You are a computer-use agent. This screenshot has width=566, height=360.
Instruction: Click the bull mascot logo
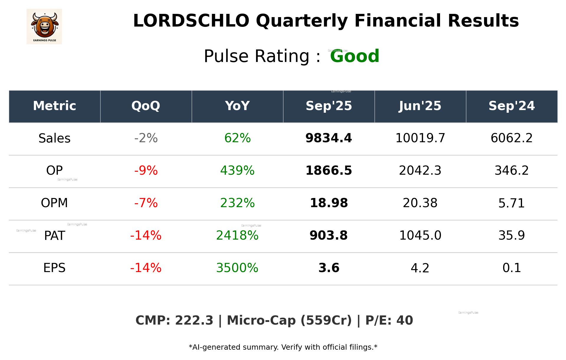(x=44, y=27)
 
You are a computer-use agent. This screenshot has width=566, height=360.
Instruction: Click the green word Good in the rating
(x=355, y=56)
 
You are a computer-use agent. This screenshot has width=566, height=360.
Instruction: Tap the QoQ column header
(x=146, y=106)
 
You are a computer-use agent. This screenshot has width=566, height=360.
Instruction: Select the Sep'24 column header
(x=511, y=106)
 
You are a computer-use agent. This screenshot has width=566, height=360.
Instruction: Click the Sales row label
(x=55, y=138)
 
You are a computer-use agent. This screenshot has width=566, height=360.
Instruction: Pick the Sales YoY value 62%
(x=237, y=138)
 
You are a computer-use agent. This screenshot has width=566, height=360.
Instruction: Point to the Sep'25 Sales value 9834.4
(x=329, y=138)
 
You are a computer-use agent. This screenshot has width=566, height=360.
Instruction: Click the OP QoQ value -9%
(x=146, y=171)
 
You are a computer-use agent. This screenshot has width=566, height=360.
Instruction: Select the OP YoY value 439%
(x=237, y=171)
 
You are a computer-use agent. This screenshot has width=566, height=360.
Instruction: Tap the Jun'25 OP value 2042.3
(x=420, y=171)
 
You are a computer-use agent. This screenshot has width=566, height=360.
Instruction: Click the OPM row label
(x=54, y=203)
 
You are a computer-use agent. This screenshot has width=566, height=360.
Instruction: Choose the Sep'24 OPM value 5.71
(x=511, y=203)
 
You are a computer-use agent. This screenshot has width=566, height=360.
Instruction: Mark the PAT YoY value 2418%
(x=237, y=235)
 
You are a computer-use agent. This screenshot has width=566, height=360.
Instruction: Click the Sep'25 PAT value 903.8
(x=329, y=235)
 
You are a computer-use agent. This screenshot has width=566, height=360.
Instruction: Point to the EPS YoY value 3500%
(x=237, y=268)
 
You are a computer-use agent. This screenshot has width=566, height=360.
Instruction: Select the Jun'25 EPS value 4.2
(x=420, y=268)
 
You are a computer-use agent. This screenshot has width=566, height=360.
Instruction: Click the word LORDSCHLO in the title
(x=191, y=21)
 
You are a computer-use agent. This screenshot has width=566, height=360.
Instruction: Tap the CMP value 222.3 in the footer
(x=194, y=320)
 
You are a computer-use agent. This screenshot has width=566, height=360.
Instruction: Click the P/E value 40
(x=404, y=320)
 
